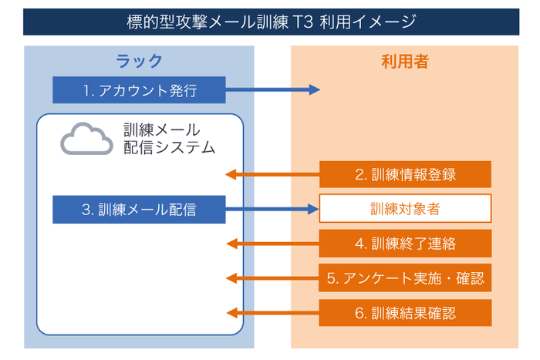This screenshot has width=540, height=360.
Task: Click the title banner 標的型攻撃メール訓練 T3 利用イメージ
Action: click(x=270, y=21)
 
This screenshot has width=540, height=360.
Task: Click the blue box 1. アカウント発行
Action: click(x=140, y=90)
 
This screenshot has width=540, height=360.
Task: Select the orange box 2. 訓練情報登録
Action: click(x=405, y=174)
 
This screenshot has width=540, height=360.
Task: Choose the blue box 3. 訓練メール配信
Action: click(x=139, y=209)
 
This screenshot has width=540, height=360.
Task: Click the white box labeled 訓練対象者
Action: click(x=405, y=209)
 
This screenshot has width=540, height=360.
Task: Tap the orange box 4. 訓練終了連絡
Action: click(x=405, y=244)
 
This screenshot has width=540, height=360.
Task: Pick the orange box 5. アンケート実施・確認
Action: click(x=405, y=278)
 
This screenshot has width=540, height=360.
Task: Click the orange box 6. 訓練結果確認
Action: click(x=405, y=313)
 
